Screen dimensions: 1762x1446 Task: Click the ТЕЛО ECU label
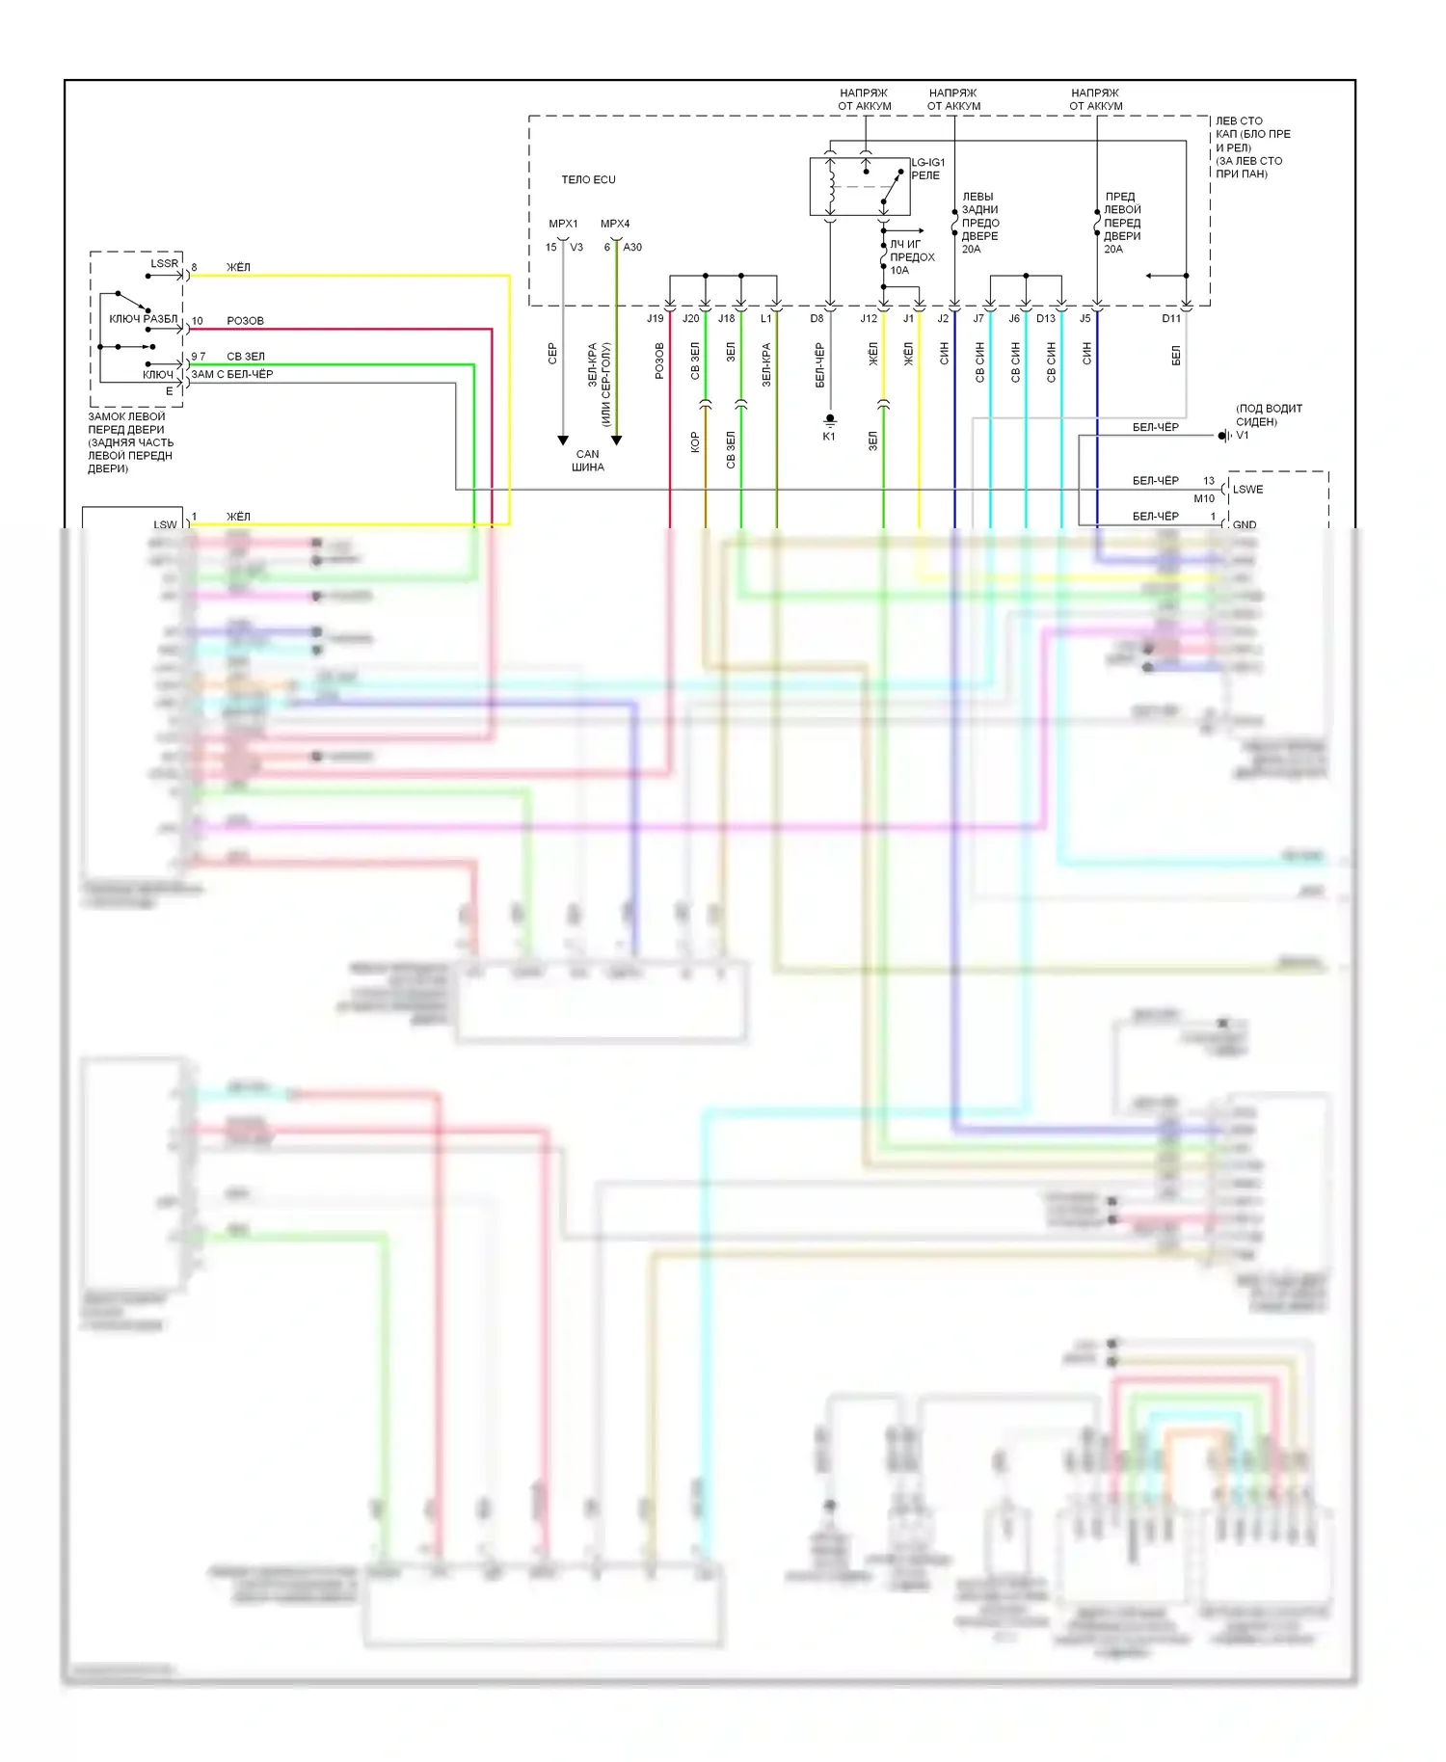point(588,180)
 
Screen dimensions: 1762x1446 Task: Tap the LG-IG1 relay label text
point(927,169)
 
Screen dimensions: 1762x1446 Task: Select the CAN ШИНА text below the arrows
point(587,461)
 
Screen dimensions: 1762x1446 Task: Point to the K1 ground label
point(829,437)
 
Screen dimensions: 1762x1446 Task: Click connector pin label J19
point(655,319)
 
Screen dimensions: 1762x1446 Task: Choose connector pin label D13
point(1046,319)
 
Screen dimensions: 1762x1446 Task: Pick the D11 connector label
point(1171,319)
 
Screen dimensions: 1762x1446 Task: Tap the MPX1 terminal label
point(563,225)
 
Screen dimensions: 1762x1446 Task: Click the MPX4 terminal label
point(615,225)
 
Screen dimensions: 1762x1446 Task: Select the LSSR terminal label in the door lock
point(164,264)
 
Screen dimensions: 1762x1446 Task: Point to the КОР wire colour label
point(695,442)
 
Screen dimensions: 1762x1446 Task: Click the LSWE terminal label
point(1247,490)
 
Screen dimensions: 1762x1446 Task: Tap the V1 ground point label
point(1243,436)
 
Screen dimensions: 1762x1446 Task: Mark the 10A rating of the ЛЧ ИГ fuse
point(899,271)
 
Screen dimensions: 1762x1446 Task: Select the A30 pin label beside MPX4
point(632,248)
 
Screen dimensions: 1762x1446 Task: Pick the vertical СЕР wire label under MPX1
point(552,354)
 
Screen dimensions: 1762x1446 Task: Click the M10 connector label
point(1204,499)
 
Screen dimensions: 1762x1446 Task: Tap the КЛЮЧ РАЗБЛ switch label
point(143,319)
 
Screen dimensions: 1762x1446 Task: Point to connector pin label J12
point(869,319)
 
